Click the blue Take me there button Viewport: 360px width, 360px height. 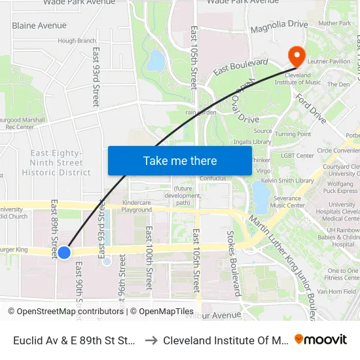coord(179,160)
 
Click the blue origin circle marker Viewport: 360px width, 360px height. coord(63,252)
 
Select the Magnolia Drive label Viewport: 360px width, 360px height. coord(279,24)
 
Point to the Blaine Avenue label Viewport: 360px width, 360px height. coord(39,26)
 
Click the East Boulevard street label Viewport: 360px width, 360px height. coord(240,66)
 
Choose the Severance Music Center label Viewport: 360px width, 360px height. coord(283,201)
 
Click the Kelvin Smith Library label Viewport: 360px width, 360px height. coord(287,180)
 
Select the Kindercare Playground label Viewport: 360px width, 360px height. coord(137,206)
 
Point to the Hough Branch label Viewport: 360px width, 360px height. coord(77,41)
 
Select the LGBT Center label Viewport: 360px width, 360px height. coord(297,156)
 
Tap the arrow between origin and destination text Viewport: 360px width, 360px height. coord(150,340)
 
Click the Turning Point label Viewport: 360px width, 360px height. coord(293,134)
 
